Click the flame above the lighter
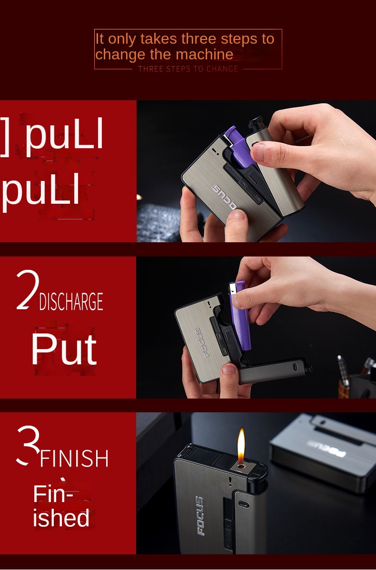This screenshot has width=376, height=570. [241, 446]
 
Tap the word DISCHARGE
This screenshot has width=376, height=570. [71, 301]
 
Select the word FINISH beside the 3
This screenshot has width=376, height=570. [74, 458]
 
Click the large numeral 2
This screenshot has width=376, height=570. [28, 290]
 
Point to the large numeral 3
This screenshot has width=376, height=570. [29, 446]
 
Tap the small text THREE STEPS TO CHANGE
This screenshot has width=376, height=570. [188, 69]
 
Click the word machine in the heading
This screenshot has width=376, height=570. [205, 54]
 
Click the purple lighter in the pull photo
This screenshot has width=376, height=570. [239, 148]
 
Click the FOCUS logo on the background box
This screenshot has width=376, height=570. [327, 448]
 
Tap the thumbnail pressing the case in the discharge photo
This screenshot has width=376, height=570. [228, 369]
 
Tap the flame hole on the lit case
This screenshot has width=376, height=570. [240, 466]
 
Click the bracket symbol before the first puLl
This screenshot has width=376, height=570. [5, 137]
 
